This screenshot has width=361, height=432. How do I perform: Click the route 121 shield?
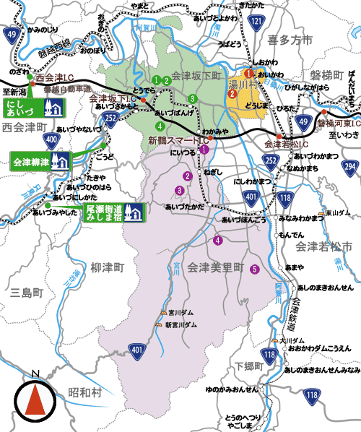click(257, 23)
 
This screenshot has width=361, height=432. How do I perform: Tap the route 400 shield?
click(51, 139)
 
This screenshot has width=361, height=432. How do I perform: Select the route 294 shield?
click(349, 167)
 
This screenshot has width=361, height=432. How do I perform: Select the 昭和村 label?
click(85, 391)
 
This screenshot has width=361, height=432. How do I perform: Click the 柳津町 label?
click(108, 267)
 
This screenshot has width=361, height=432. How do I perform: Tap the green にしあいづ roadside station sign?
click(37, 108)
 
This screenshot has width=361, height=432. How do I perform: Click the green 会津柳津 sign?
click(40, 159)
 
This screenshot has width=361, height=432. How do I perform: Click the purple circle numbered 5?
click(253, 270)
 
